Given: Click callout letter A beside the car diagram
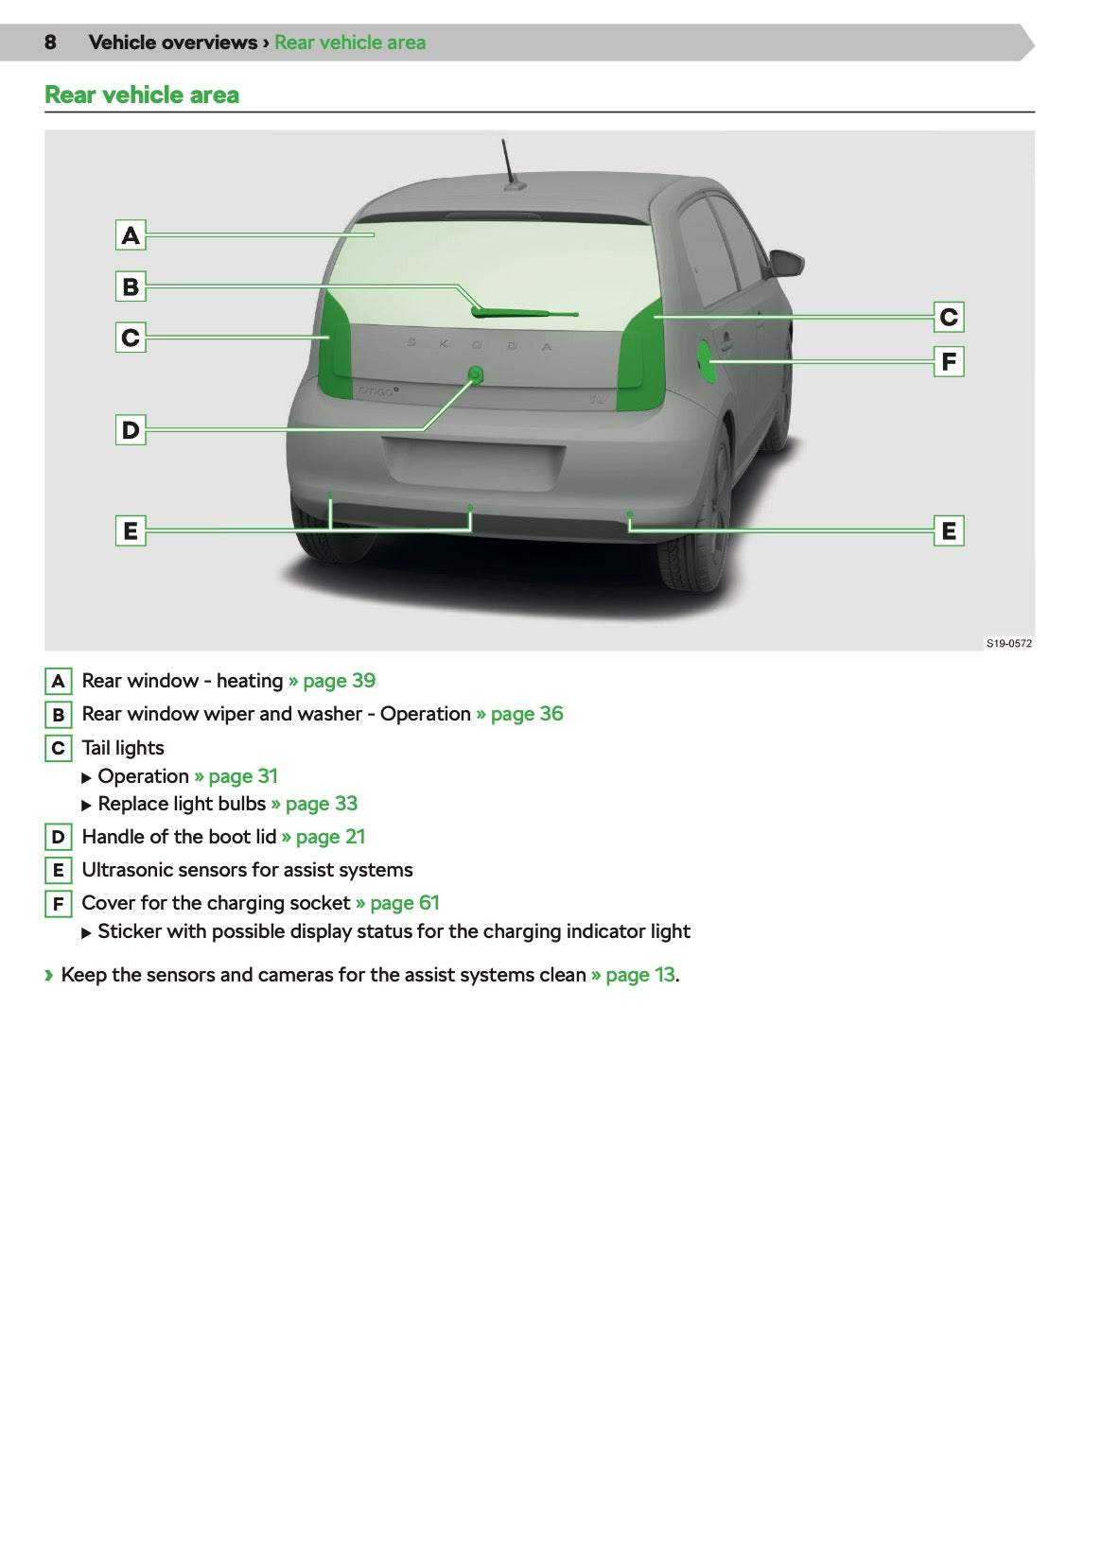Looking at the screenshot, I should [131, 234].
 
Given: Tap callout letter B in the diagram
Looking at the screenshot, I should [131, 286].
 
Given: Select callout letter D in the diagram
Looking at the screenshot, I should [131, 430].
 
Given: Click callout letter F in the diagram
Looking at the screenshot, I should [949, 361].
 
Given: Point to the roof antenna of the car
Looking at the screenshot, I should [510, 165].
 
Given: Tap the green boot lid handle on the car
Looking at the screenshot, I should [476, 374].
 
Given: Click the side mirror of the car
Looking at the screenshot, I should [787, 263].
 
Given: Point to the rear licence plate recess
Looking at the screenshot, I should [473, 461].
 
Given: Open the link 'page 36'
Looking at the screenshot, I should [526, 714].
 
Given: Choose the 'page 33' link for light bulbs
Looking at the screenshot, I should [321, 804].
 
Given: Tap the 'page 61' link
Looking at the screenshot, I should [404, 903].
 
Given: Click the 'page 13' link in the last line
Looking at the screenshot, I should [639, 975].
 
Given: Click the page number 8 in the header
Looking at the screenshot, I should [50, 43].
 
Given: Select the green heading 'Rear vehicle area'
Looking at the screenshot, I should [142, 95].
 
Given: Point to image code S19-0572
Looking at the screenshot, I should [1008, 643].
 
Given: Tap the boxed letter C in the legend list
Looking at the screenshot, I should [58, 748].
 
